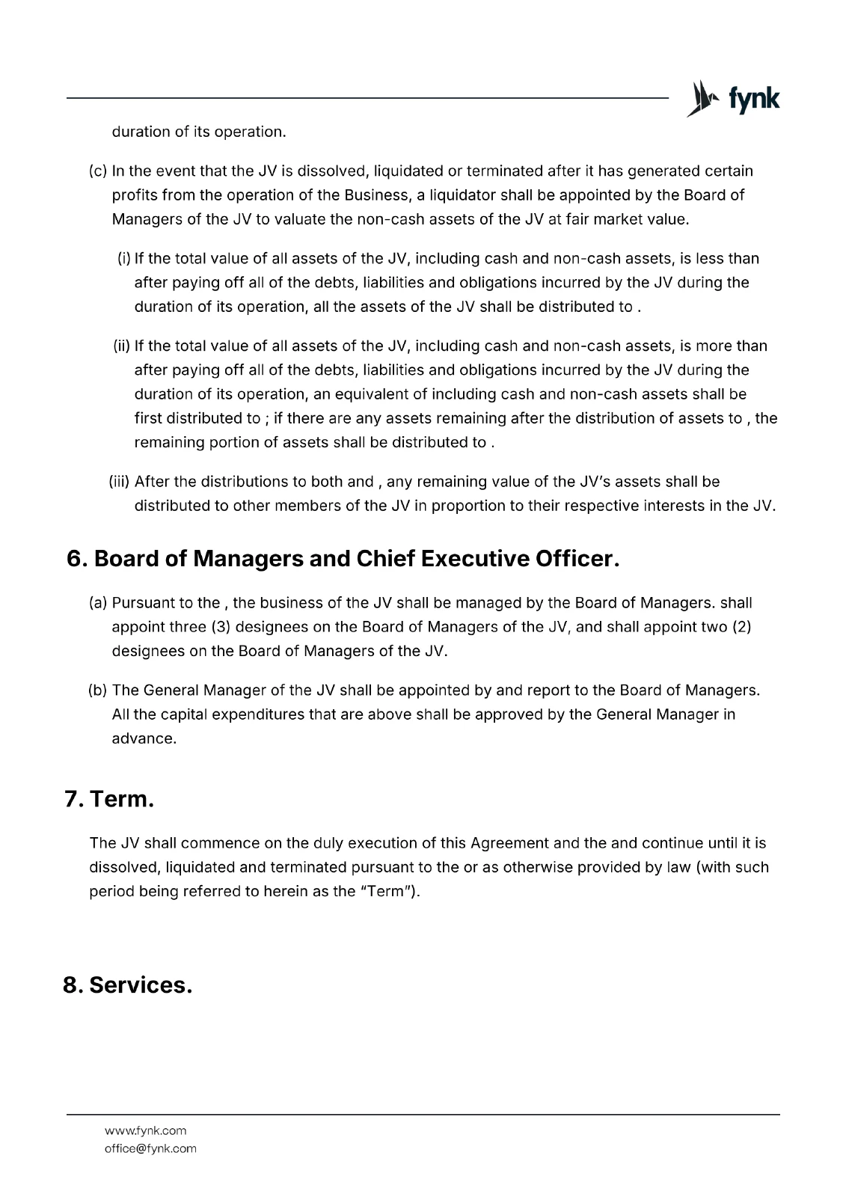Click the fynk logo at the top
point(733,99)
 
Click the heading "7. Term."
point(109,799)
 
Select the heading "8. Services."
point(127,985)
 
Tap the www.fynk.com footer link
point(145,1130)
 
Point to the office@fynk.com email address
point(150,1148)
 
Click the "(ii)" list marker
point(122,346)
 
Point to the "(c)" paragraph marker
point(99,171)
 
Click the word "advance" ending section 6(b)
point(142,738)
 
